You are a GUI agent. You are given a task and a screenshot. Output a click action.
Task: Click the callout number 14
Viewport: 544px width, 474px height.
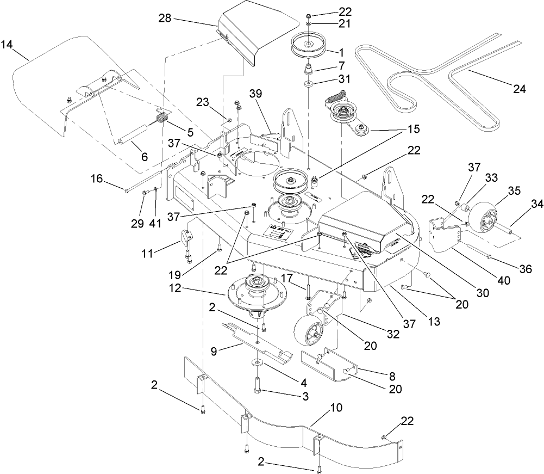point(7,44)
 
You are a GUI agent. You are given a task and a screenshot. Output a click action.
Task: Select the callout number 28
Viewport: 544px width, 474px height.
point(165,18)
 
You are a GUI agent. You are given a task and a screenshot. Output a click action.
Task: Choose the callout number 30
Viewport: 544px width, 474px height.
point(482,293)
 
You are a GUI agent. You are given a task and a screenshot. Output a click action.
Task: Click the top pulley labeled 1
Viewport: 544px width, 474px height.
point(308,45)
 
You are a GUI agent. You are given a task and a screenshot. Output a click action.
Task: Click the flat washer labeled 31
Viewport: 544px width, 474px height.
point(308,84)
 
